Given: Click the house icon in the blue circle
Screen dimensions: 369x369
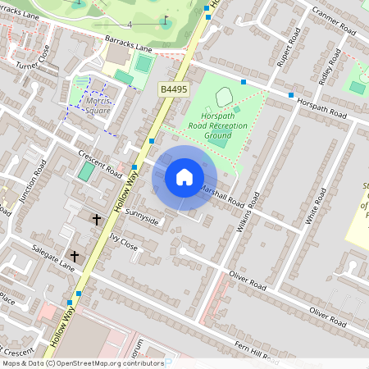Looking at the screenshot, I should click(184, 177).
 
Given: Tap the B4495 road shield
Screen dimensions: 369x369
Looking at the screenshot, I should click(173, 89).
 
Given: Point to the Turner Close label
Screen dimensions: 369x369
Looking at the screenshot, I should click(36, 60).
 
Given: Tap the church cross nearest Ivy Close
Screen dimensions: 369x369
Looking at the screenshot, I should click(96, 219).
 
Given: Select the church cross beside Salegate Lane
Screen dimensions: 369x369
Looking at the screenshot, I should click(75, 257).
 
